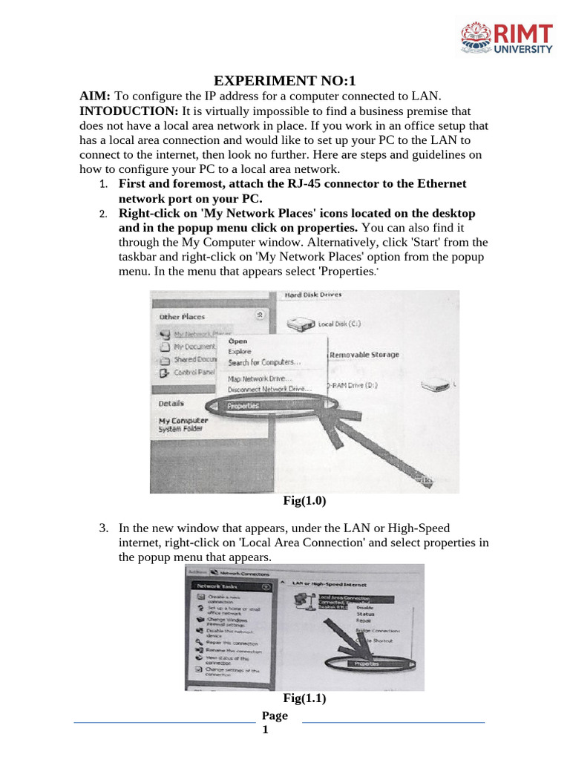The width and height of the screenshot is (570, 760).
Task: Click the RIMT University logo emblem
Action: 479,39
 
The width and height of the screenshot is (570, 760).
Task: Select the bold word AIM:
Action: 95,96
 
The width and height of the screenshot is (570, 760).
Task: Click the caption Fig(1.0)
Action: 304,501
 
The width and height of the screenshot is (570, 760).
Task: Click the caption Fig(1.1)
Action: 304,698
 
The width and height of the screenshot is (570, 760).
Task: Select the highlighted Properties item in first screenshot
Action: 243,406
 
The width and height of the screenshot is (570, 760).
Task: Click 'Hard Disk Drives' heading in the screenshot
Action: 313,295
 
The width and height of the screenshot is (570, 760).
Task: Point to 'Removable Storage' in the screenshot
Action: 364,355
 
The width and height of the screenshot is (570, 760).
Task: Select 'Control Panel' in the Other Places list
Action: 194,373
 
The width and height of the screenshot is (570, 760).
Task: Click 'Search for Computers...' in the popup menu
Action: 263,362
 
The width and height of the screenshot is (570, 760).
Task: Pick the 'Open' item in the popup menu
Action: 237,341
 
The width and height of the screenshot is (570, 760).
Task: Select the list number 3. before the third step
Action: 104,528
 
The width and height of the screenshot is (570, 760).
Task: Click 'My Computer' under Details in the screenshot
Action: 183,420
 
